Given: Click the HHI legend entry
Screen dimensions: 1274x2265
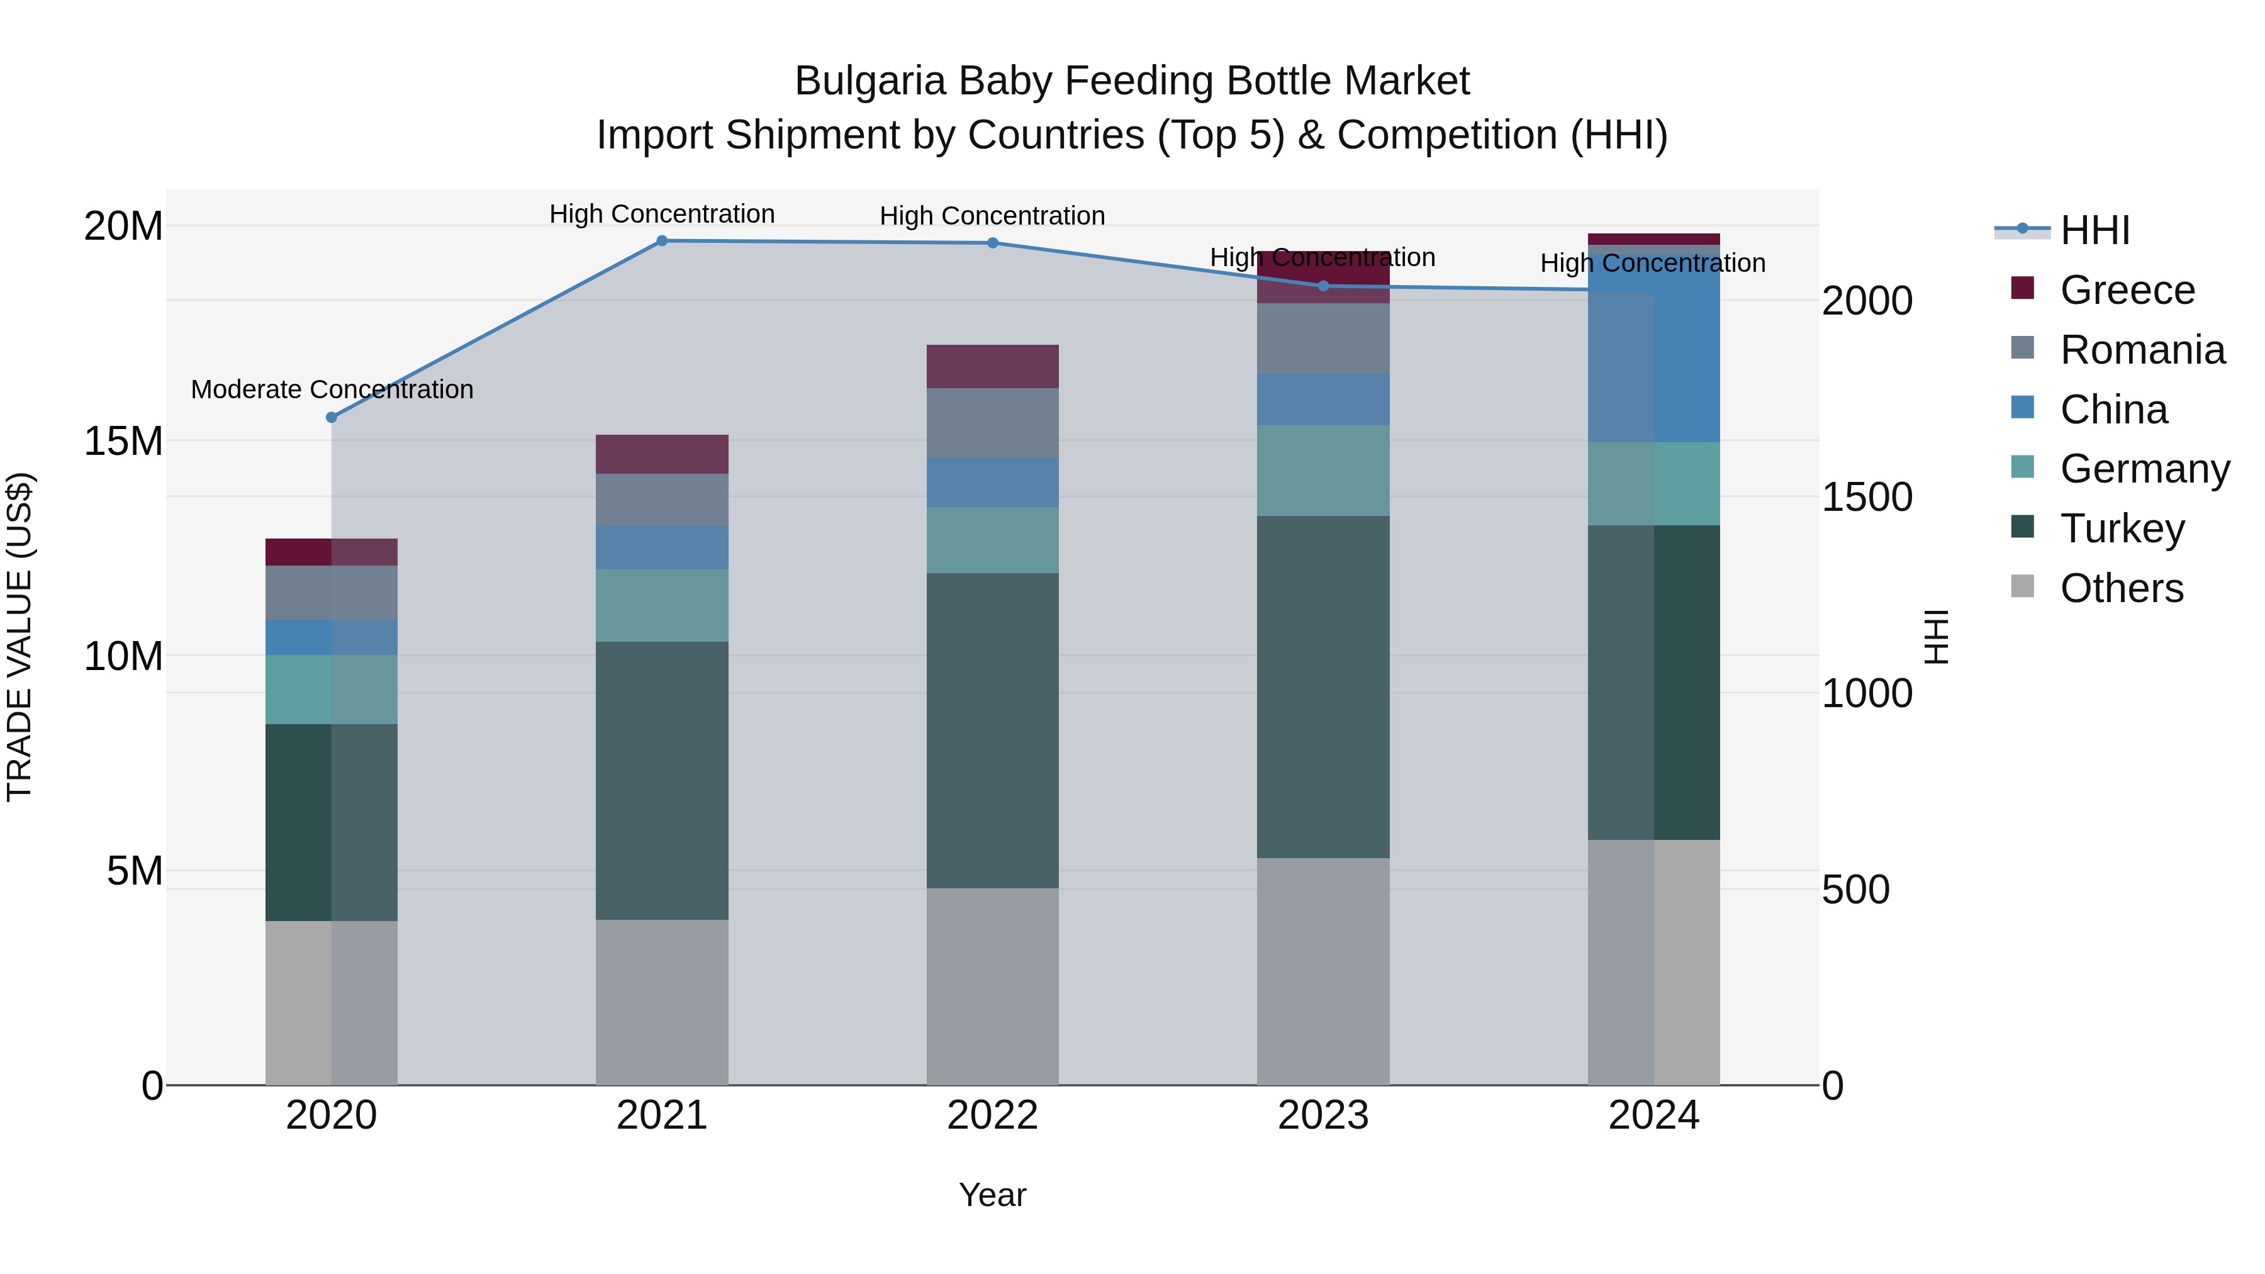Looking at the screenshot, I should tap(2093, 230).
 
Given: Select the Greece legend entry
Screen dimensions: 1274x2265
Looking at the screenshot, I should tap(2126, 290).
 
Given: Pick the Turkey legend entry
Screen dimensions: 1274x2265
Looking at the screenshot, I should tap(2121, 528).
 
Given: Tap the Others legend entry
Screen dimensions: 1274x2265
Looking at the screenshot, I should tap(2121, 588).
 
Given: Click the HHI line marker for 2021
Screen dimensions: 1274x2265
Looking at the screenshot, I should tap(662, 241).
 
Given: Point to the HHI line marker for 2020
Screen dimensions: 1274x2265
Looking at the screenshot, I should tap(332, 418).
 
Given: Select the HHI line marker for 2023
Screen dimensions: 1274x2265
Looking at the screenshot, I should tap(1323, 286).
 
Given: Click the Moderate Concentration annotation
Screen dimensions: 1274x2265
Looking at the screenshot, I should tap(332, 389).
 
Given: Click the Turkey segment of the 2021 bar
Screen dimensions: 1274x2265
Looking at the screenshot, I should tap(662, 780).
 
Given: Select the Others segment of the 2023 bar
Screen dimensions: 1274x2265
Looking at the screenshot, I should tap(1323, 971).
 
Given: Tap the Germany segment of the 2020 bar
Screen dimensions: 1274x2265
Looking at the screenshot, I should tap(332, 690).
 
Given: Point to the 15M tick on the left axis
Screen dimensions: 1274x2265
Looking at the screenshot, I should tap(123, 442).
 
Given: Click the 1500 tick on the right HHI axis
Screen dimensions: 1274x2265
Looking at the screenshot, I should tap(1866, 498).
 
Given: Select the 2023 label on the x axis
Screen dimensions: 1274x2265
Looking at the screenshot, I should tap(1323, 1115).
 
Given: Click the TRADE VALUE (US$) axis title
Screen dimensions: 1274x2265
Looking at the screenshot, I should tap(20, 637).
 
